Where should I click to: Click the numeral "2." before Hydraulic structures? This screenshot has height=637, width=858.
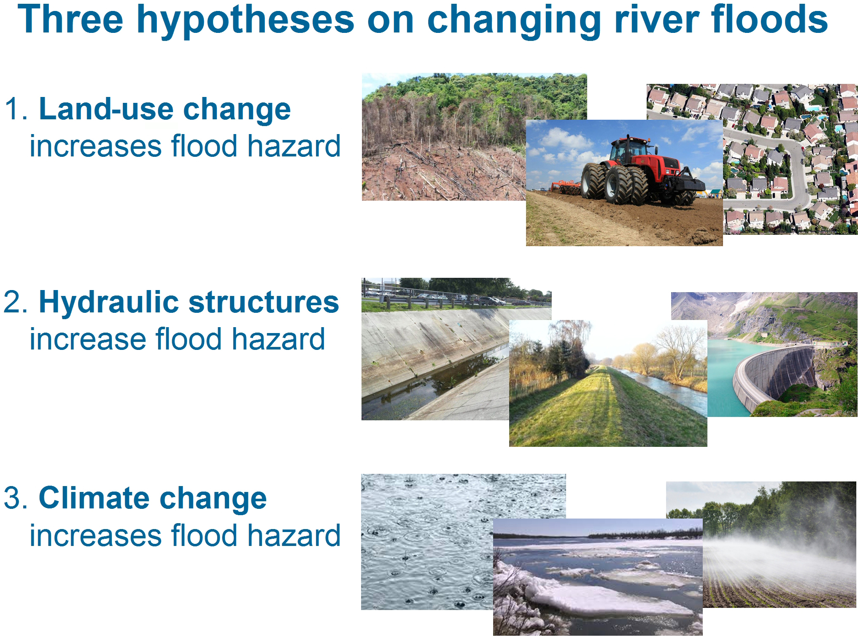click(16, 302)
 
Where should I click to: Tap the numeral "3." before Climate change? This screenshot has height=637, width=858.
click(16, 498)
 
